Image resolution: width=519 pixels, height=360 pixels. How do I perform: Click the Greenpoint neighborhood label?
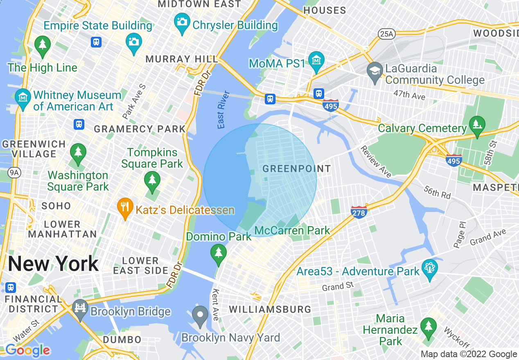tap(296, 169)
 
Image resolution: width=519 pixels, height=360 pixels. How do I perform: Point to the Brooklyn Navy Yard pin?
tap(200, 316)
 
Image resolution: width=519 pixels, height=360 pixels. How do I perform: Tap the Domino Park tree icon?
tap(219, 253)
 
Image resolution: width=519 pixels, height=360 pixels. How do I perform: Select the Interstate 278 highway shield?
tap(359, 211)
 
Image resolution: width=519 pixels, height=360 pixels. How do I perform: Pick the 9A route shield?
tap(14, 173)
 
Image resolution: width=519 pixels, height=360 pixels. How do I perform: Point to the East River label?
tap(221, 115)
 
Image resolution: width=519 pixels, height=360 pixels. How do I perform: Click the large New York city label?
tap(53, 264)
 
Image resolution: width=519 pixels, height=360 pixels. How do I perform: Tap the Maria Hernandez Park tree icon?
tap(429, 328)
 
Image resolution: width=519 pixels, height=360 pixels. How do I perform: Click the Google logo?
tap(27, 350)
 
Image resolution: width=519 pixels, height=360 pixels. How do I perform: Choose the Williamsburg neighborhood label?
tap(270, 309)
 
